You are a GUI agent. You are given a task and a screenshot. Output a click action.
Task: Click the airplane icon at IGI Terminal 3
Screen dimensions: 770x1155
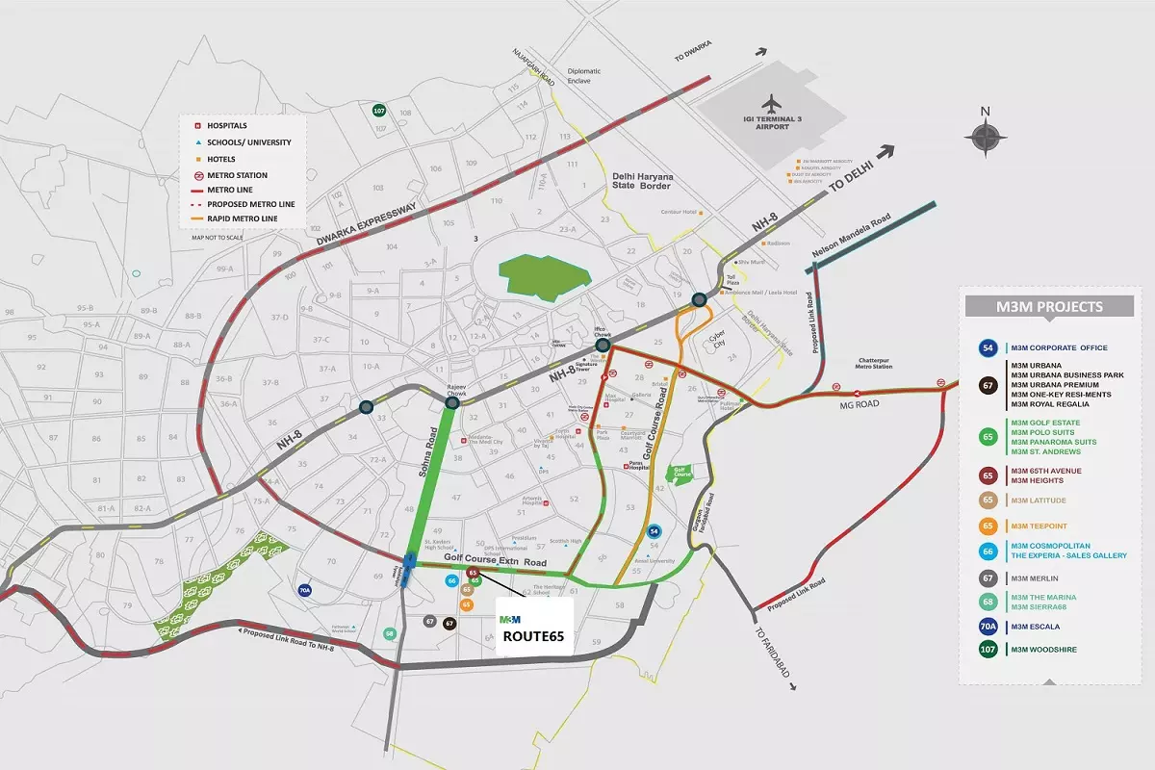(x=772, y=103)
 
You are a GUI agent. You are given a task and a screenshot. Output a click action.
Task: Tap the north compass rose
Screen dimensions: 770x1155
(x=986, y=139)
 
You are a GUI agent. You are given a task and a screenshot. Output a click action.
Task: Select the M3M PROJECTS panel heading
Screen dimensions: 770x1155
(x=1050, y=307)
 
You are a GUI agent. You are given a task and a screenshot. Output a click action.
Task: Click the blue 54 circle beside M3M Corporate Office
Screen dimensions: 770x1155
(x=987, y=348)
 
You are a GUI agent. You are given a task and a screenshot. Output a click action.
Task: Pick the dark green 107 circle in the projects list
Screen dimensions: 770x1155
(x=987, y=650)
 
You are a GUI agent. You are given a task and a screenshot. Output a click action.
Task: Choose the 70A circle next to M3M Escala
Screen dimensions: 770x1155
(x=987, y=626)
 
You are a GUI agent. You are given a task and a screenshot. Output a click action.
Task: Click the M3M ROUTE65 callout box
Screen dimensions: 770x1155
(x=534, y=629)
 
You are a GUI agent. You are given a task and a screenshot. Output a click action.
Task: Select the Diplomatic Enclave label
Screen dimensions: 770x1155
(x=584, y=76)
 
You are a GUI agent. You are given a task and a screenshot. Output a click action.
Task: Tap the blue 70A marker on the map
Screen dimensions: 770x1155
(x=305, y=591)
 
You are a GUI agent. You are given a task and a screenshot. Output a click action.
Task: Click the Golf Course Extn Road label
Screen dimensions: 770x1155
(x=495, y=561)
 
